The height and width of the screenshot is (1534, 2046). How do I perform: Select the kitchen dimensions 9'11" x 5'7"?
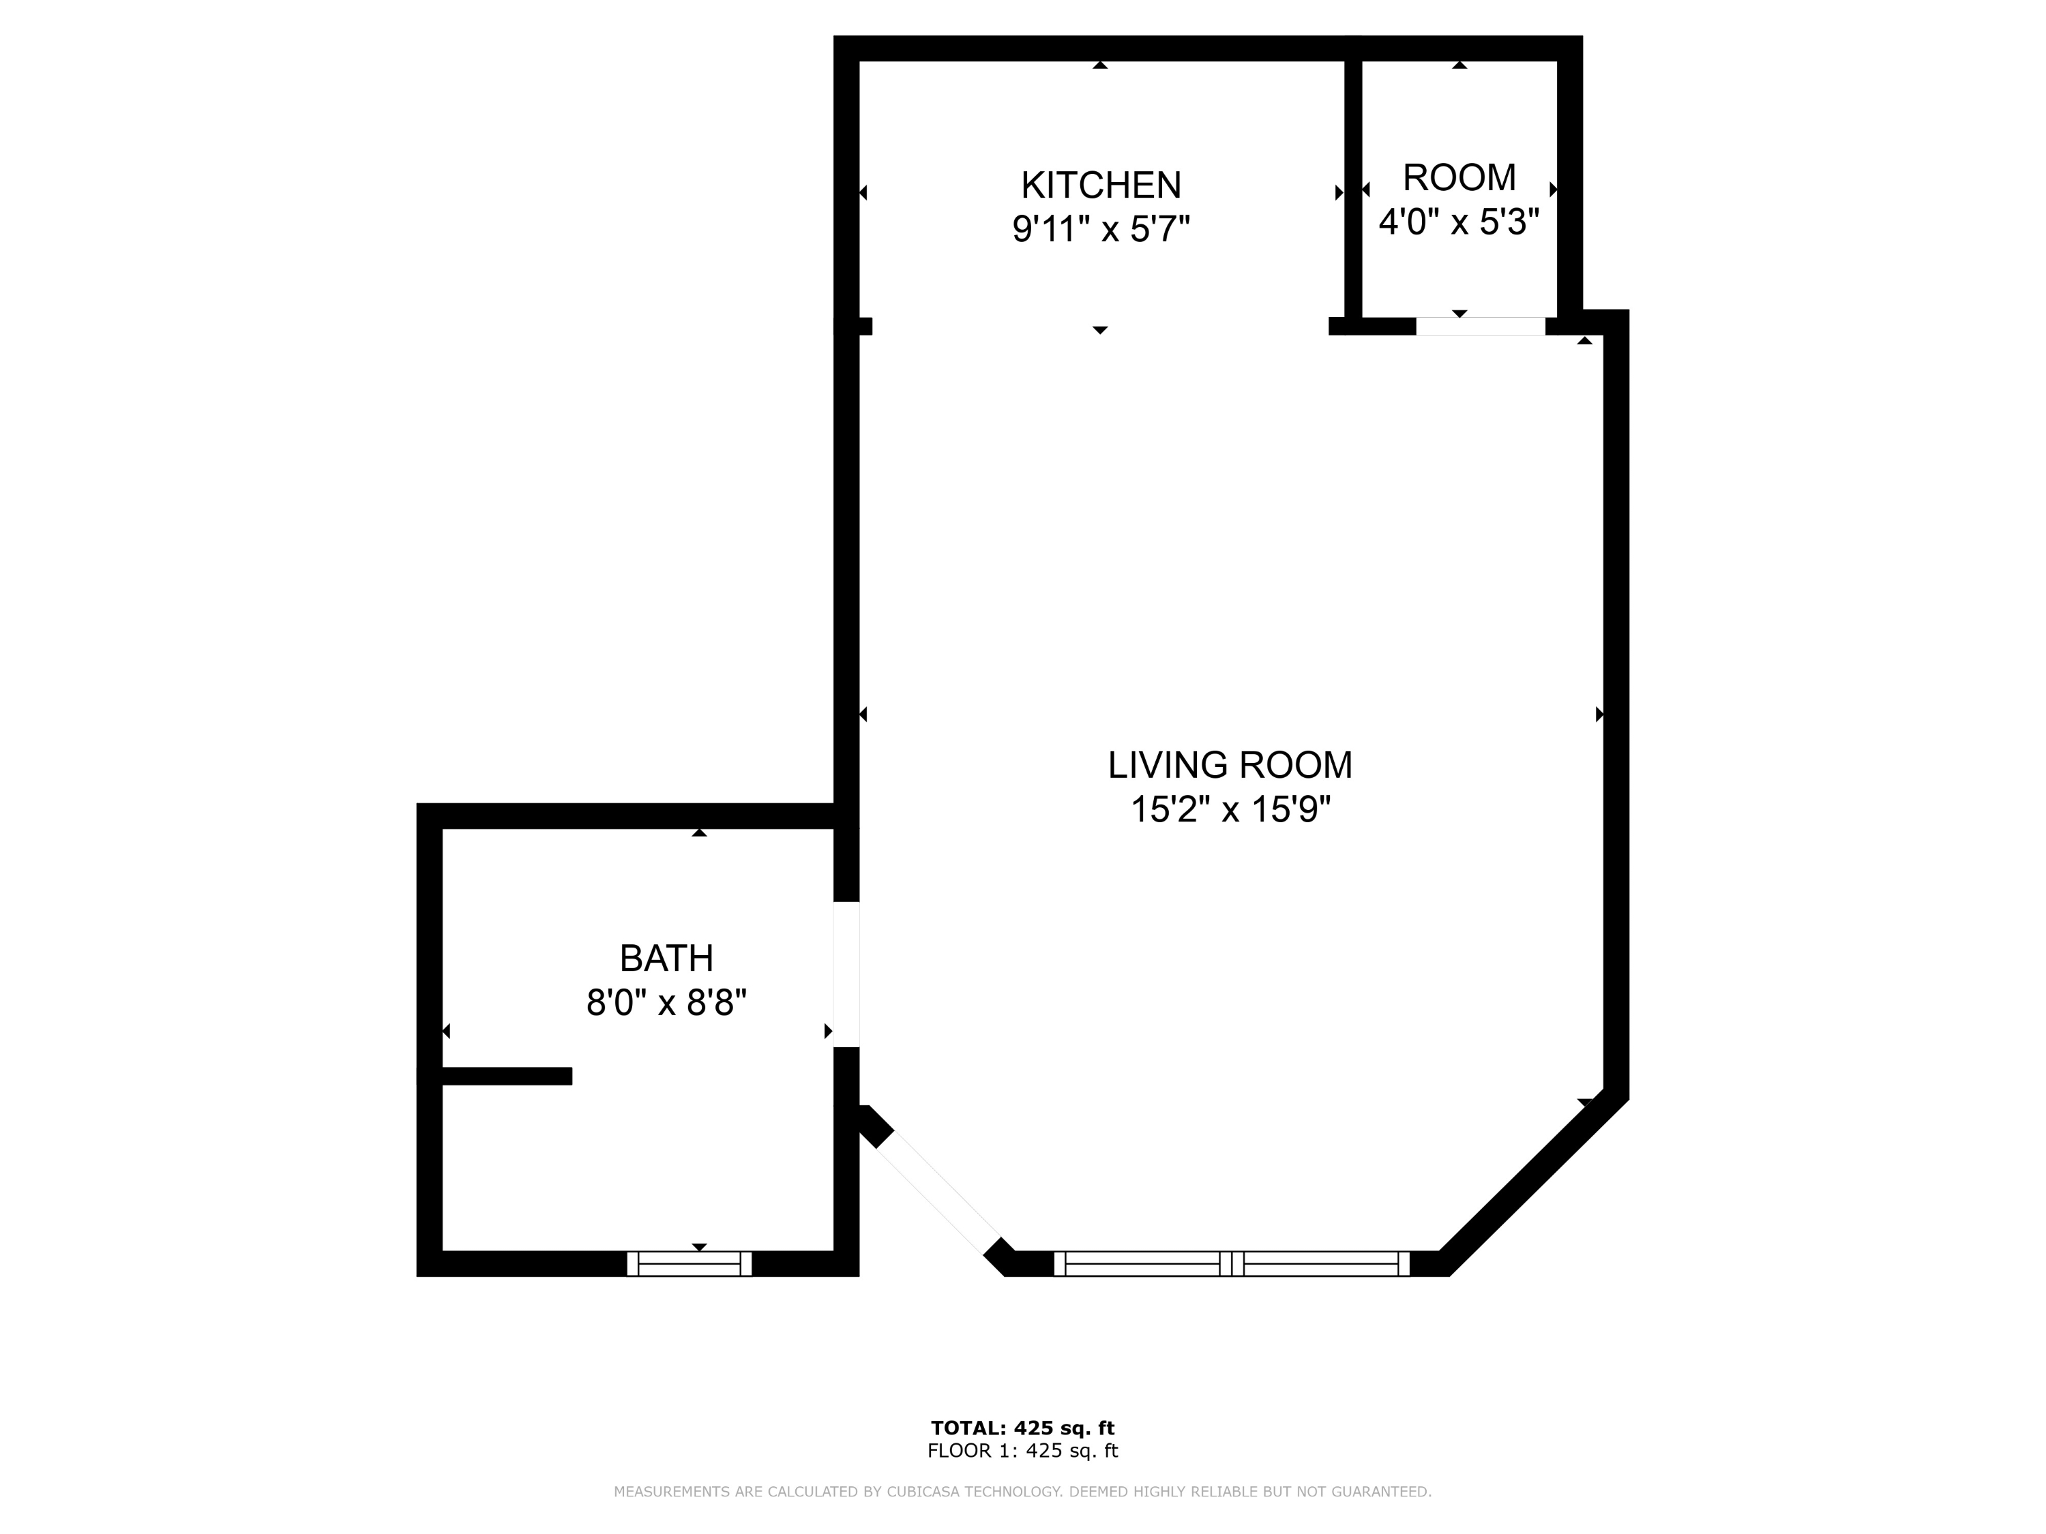(1101, 228)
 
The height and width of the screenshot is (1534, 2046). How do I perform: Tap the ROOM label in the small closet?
(1459, 177)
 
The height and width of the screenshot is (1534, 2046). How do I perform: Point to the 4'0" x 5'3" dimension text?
(1459, 222)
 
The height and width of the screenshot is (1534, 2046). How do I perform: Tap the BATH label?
(666, 958)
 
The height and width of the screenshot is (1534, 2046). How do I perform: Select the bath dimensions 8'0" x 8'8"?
(666, 1002)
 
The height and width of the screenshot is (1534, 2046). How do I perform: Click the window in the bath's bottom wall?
(689, 1263)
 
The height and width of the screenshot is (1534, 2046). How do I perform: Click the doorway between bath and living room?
(846, 974)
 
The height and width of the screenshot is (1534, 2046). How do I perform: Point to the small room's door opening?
(1480, 327)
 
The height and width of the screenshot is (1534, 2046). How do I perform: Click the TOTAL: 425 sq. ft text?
(1022, 1428)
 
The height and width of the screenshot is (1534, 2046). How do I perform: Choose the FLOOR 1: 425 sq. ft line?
(1022, 1451)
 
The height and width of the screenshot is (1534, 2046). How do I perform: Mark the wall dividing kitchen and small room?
(1352, 190)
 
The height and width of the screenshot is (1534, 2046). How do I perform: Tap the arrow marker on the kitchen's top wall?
(1100, 65)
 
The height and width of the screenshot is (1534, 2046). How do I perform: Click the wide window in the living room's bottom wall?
(1231, 1263)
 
